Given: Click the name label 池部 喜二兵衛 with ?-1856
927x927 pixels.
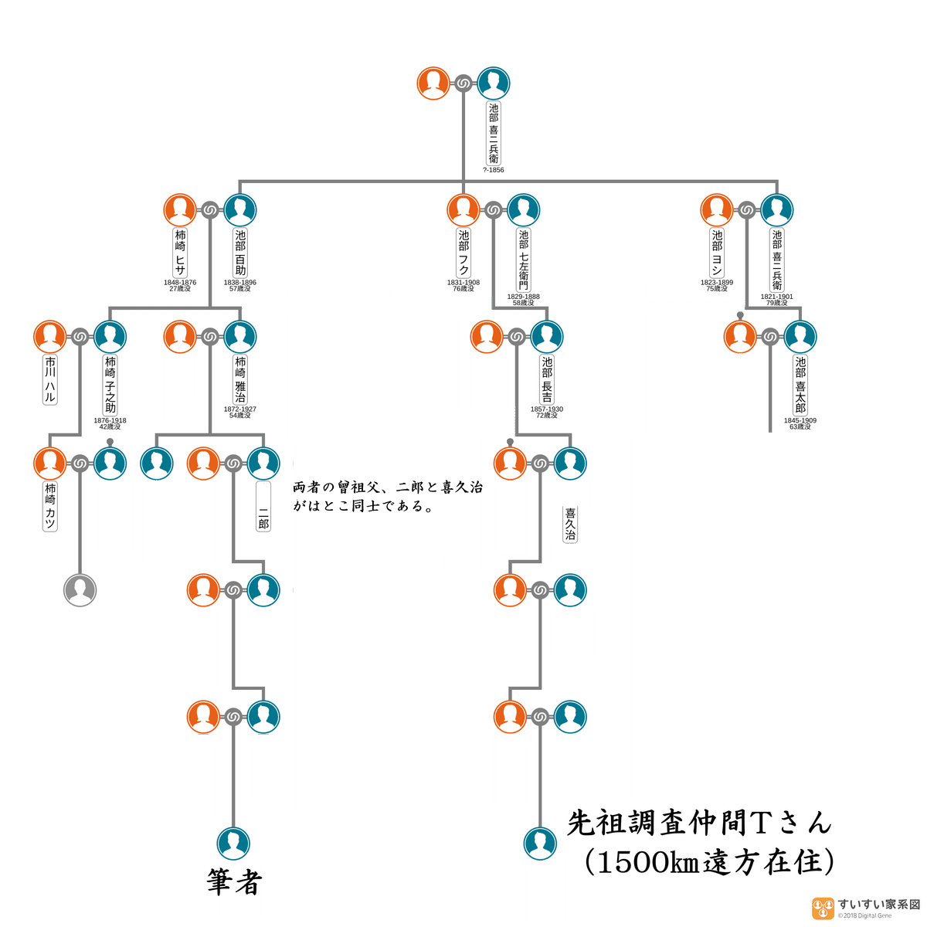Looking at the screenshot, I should click(494, 133).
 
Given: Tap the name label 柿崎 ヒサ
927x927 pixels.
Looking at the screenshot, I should click(180, 253).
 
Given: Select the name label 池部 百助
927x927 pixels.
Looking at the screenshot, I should click(240, 253).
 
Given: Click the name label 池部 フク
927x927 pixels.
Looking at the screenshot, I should click(463, 253).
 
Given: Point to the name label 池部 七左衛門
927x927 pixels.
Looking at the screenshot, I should click(524, 260).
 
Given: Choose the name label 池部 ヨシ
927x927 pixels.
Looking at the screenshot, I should click(717, 253).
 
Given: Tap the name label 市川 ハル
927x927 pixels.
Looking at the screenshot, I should click(50, 379).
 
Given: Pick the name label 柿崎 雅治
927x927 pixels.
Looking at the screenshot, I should click(240, 379).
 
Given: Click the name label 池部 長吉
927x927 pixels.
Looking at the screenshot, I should click(547, 379).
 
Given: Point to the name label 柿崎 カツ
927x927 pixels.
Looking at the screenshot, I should click(50, 506).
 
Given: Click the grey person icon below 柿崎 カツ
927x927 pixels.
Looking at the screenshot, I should click(80, 590).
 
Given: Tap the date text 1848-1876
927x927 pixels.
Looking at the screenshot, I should click(179, 283).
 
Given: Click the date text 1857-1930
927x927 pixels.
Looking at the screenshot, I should click(546, 409).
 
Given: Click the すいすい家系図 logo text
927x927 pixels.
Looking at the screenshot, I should click(878, 905).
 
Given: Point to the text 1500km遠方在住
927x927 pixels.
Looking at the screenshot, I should click(708, 861).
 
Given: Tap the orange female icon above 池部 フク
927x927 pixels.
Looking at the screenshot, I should click(463, 210).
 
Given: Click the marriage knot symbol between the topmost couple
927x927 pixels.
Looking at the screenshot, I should click(463, 83).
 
